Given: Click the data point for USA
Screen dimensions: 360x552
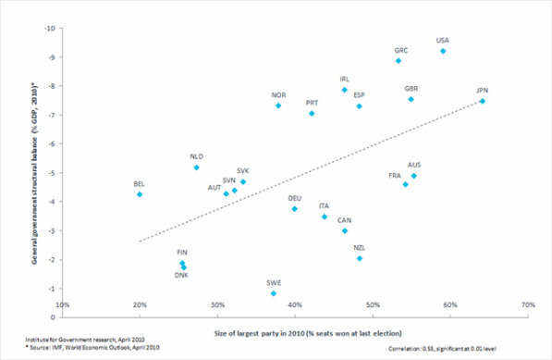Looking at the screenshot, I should click(443, 52).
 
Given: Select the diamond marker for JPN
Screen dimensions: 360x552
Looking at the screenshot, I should click(482, 102).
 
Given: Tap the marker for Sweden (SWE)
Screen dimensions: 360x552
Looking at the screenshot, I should click(274, 293).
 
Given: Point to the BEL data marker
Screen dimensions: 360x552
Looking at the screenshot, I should click(140, 194).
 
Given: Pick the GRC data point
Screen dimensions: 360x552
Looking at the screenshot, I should click(399, 61).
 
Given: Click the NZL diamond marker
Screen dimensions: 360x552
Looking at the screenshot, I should click(360, 259).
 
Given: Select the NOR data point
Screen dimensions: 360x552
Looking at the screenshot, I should click(278, 106).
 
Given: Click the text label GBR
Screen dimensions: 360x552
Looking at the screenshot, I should click(411, 89).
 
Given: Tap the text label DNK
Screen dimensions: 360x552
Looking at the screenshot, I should click(181, 276).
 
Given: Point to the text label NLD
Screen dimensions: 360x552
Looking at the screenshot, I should click(196, 156).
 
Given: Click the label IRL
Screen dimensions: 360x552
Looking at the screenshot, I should click(345, 80).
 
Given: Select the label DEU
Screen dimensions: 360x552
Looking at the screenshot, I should click(294, 198).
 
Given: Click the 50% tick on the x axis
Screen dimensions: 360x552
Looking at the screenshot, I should click(372, 304).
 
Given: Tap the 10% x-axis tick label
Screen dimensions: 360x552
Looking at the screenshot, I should click(62, 304).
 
